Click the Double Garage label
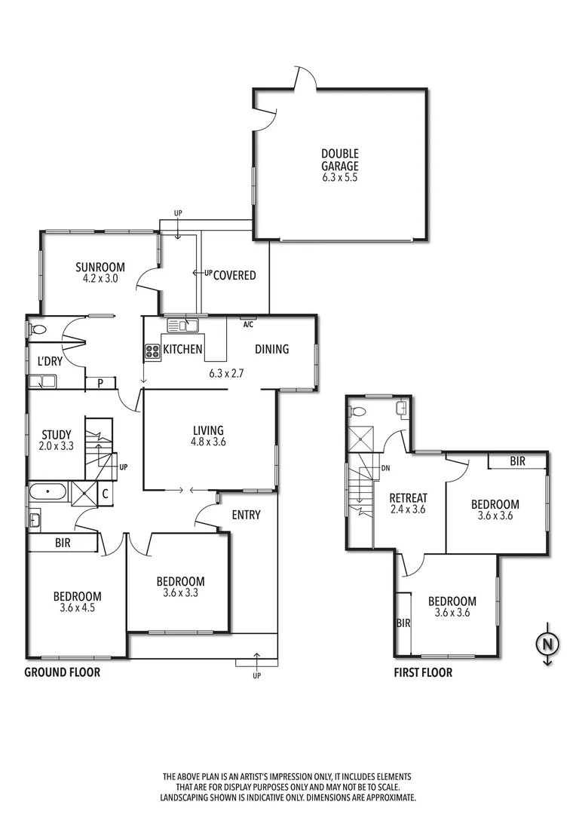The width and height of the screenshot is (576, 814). pyautogui.click(x=340, y=160)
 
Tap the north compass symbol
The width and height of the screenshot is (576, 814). pyautogui.click(x=547, y=645)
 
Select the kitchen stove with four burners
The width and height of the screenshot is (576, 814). pyautogui.click(x=152, y=350)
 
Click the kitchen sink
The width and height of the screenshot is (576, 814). pyautogui.click(x=182, y=326)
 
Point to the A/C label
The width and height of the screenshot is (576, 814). pyautogui.click(x=247, y=325)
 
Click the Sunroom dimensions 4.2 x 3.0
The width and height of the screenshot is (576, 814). pyautogui.click(x=100, y=278)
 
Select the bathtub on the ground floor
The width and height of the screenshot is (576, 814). pyautogui.click(x=48, y=494)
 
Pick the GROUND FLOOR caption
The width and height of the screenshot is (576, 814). pyautogui.click(x=62, y=672)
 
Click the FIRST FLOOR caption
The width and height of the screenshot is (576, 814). pyautogui.click(x=423, y=672)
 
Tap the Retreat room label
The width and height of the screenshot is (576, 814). pyautogui.click(x=408, y=498)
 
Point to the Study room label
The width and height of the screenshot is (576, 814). pyautogui.click(x=57, y=434)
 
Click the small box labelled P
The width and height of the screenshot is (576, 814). pyautogui.click(x=100, y=383)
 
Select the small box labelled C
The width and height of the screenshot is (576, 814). pyautogui.click(x=105, y=494)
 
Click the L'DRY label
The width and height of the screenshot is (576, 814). pyautogui.click(x=50, y=361)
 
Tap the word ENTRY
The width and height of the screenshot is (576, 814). pyautogui.click(x=246, y=515)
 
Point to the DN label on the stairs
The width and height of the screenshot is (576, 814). pyautogui.click(x=385, y=468)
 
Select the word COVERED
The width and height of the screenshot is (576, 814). pyautogui.click(x=234, y=275)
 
